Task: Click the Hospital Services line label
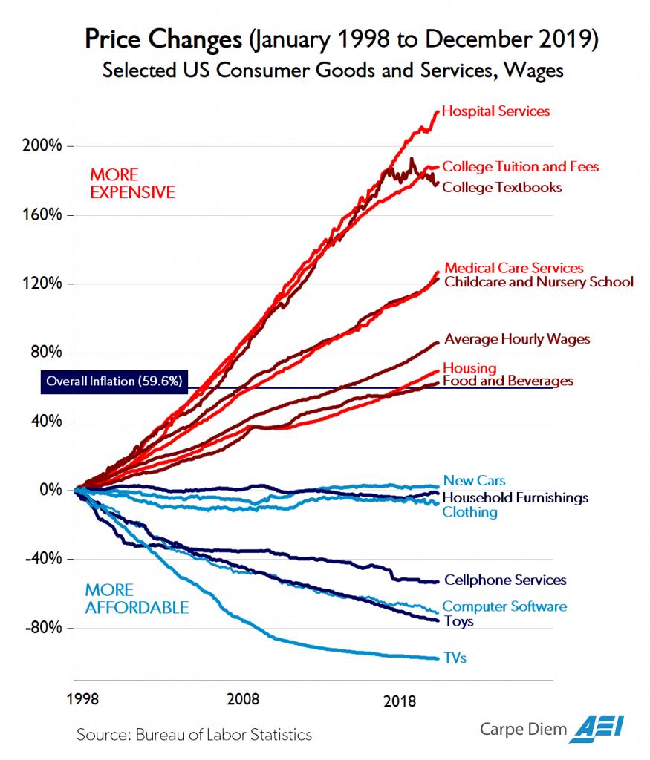(495, 111)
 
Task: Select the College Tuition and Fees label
(520, 166)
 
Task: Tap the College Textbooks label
(502, 187)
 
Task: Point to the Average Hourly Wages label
(517, 339)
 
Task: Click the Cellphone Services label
(505, 580)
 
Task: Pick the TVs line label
(455, 658)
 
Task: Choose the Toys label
(458, 621)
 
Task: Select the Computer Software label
(504, 606)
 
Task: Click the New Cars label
(474, 480)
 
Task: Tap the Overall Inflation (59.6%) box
(113, 381)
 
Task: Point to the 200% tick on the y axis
(45, 145)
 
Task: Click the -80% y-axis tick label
(45, 628)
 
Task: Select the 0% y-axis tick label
(51, 490)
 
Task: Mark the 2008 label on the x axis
(244, 700)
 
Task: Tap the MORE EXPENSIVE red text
(131, 184)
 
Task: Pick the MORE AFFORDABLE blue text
(136, 599)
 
